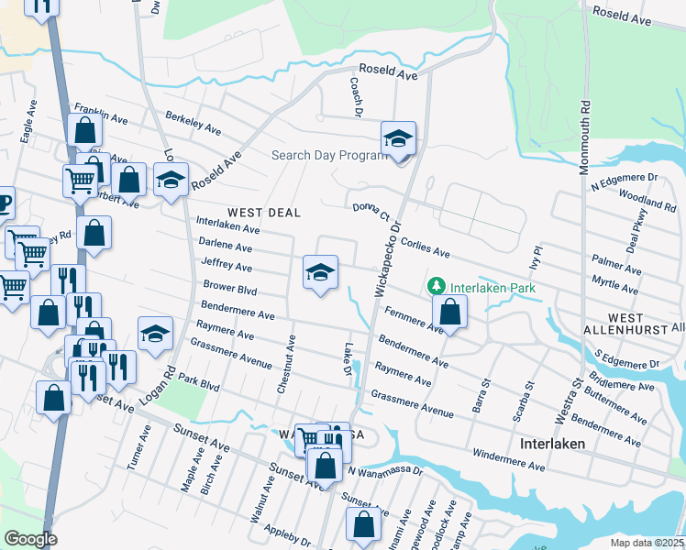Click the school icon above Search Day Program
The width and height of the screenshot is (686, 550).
click(x=399, y=139)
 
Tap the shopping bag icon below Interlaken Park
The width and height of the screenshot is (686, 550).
click(x=450, y=313)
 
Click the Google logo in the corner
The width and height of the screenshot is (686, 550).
click(x=30, y=539)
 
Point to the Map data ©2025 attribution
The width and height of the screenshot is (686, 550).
click(x=647, y=543)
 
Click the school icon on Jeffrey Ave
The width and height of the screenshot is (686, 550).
click(x=319, y=272)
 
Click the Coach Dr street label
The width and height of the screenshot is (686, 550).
click(x=355, y=95)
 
